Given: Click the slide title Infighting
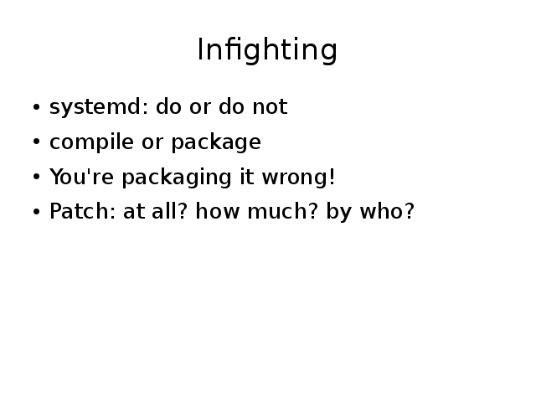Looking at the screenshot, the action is pos(268,50).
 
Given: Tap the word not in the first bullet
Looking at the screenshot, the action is pos(270,106).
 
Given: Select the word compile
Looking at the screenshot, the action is pos(91,142).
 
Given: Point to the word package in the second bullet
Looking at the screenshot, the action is pos(216,142).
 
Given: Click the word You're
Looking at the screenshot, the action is pos(81,177).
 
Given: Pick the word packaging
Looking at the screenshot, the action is pos(177,177).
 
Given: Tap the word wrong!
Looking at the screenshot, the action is pos(298,177).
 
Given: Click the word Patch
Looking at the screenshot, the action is pos(82,211).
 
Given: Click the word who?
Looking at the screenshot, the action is pos(387,211).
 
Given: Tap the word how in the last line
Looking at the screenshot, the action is pos(217,211).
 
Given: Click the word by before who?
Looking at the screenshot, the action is pos(338,212).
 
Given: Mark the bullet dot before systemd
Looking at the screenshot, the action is pos(36,107).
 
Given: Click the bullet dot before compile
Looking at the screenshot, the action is pos(36,142).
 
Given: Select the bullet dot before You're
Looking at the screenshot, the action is pos(36,177).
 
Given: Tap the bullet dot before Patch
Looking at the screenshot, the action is pos(36,212).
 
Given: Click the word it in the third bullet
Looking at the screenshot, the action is pos(247,177).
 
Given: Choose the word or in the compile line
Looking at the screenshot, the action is pos(152,142).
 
